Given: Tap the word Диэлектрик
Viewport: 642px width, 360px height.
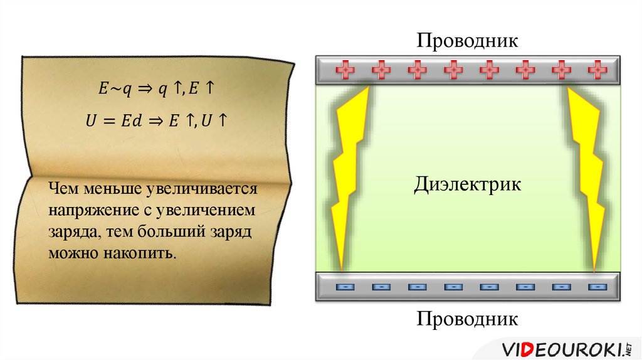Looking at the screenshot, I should coord(467,185).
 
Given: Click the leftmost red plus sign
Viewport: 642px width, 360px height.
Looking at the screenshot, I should coord(345,70).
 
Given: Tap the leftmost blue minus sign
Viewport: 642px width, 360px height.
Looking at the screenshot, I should coord(345,287).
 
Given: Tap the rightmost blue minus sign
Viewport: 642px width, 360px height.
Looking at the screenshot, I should coord(598,287).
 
